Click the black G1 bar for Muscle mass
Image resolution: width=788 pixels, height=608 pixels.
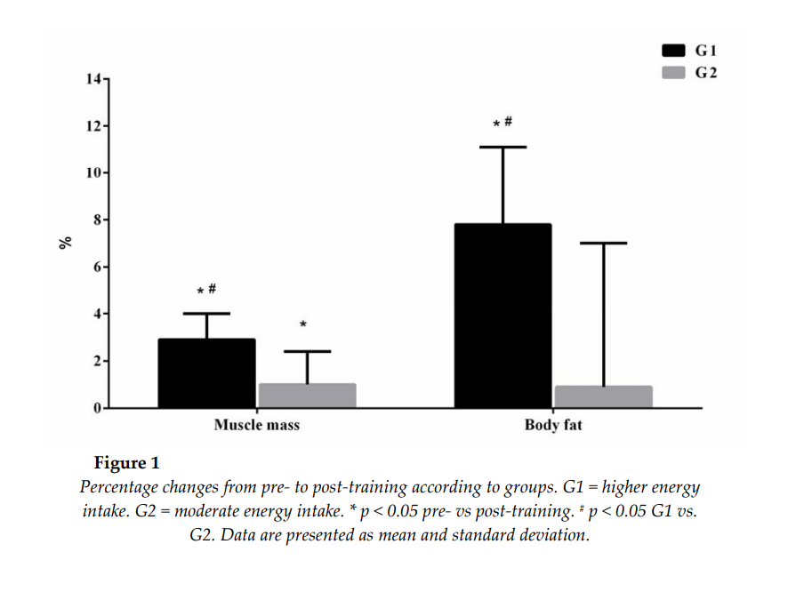[x=206, y=373]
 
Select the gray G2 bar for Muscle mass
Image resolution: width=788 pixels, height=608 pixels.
[x=307, y=396]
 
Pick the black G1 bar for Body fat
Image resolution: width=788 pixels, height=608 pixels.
[x=503, y=316]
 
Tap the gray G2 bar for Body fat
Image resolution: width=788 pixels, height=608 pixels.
[x=603, y=396]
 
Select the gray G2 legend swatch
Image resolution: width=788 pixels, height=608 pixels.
[x=674, y=72]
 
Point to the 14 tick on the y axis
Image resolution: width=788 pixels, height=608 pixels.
[x=93, y=79]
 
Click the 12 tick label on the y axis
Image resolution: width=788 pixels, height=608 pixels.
[x=93, y=126]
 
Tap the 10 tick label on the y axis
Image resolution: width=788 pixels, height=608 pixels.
[x=93, y=173]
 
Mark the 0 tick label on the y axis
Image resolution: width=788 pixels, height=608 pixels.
[x=97, y=408]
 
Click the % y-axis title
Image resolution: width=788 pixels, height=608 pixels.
[x=65, y=242]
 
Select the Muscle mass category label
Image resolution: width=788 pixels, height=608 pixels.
[x=256, y=425]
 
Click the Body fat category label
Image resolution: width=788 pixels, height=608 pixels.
[x=553, y=425]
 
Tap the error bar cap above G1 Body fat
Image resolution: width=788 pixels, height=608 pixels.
[x=503, y=147]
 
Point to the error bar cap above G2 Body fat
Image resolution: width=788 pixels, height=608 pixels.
[x=603, y=243]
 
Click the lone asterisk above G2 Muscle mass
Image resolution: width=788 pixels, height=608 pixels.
[x=302, y=325]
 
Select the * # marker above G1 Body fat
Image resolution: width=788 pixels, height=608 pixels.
[x=503, y=123]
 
